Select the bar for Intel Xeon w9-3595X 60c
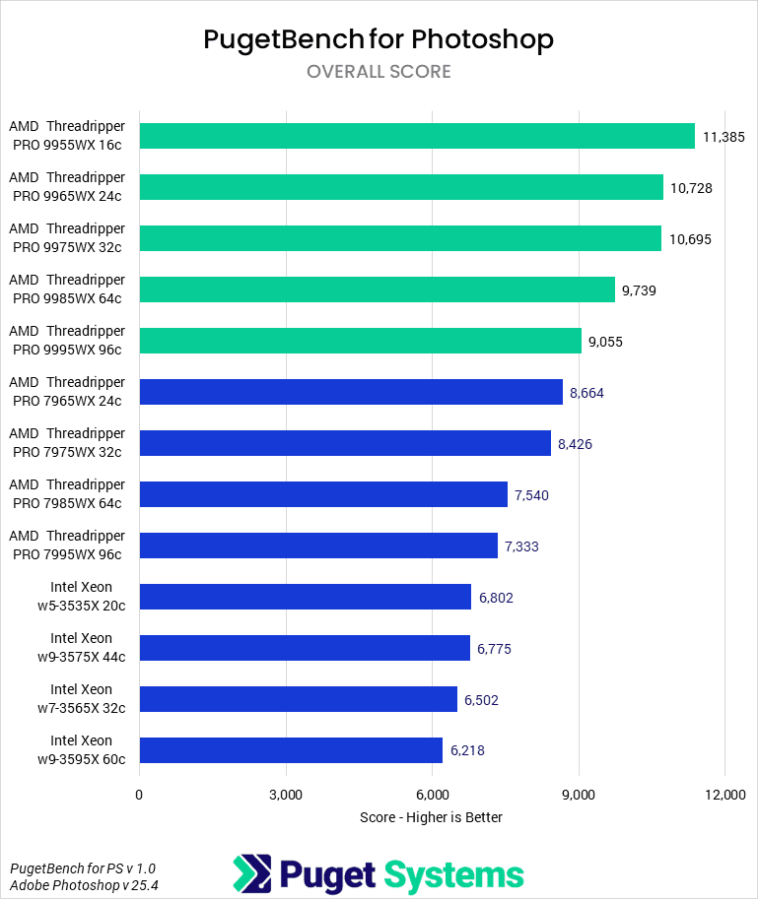(291, 750)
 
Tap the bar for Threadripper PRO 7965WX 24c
(351, 392)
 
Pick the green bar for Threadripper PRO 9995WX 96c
(360, 341)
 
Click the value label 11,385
(722, 136)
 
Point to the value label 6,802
(495, 597)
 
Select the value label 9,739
(639, 289)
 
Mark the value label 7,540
(531, 494)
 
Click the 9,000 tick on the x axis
(579, 795)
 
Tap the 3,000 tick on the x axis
(286, 795)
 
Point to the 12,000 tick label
(725, 795)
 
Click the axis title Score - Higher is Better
(432, 817)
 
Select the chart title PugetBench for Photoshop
(379, 39)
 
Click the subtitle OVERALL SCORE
(379, 72)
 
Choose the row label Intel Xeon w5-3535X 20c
(81, 597)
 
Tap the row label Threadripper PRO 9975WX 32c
(67, 238)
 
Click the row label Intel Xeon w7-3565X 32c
(81, 699)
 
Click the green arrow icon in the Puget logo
(251, 873)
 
